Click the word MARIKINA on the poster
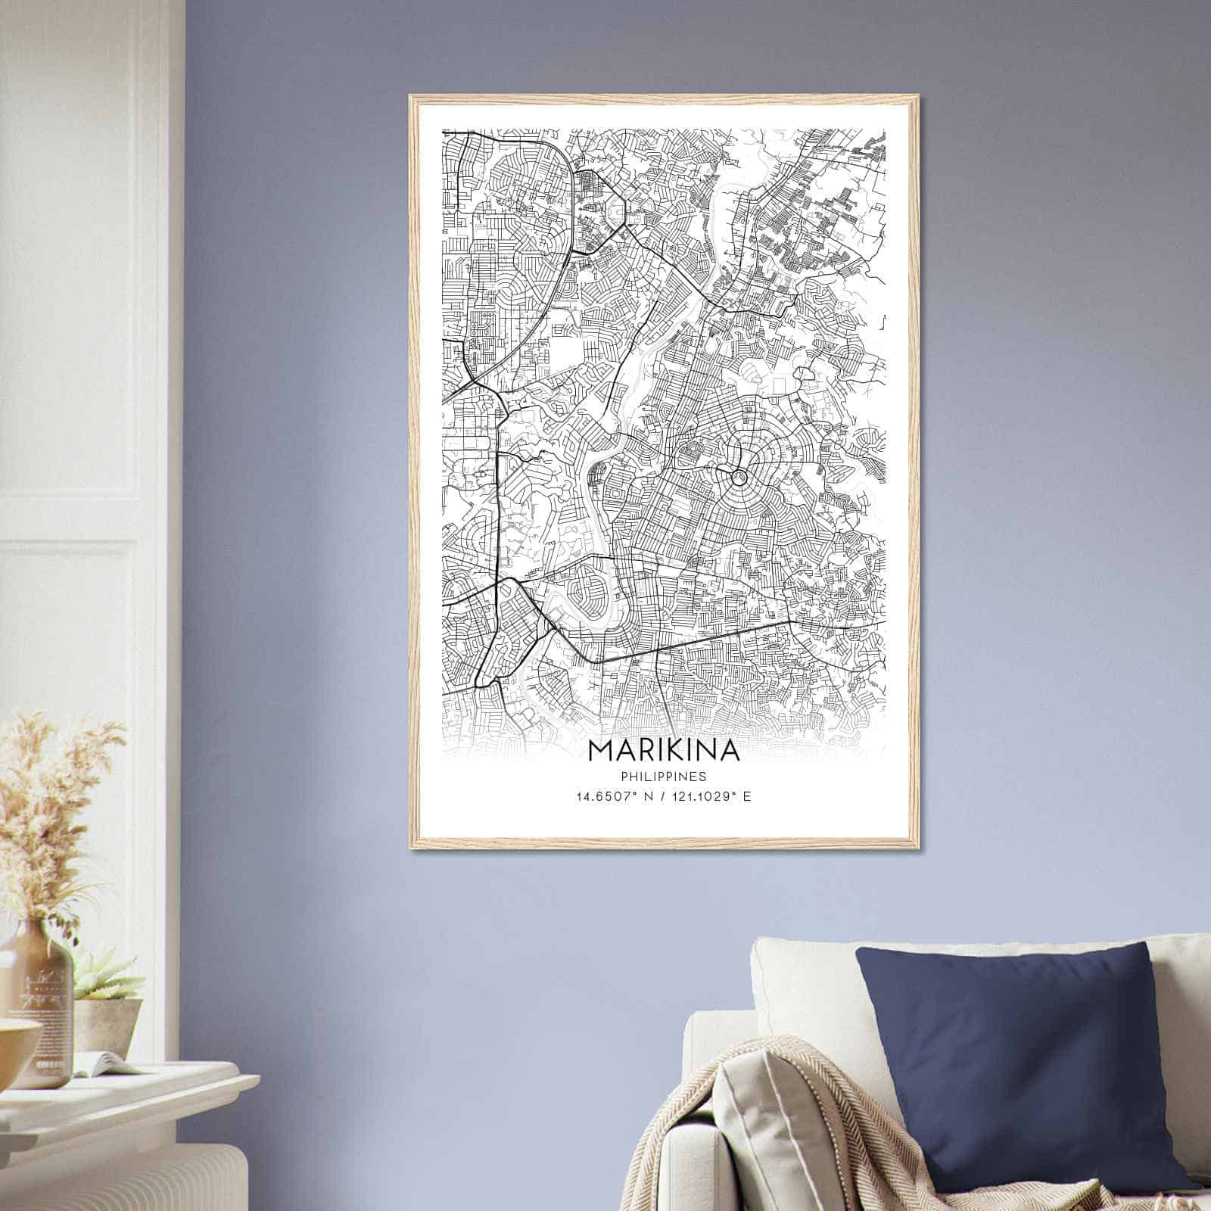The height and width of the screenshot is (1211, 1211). click(663, 750)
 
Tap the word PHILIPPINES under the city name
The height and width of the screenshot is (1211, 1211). click(663, 777)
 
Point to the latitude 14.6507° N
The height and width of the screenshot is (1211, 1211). click(612, 797)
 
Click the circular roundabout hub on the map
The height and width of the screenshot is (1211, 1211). click(736, 477)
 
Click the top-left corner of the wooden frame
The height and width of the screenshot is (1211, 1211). click(412, 98)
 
